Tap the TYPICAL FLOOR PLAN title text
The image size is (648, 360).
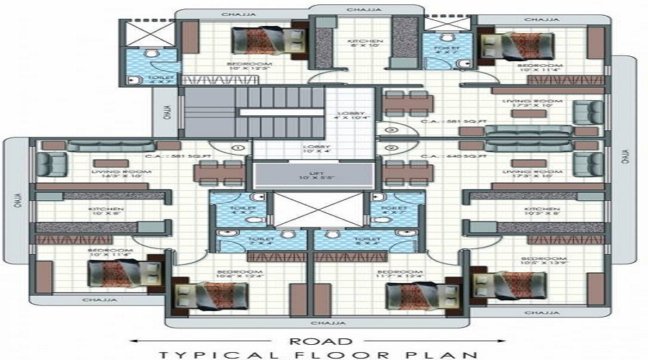click(x=319, y=354)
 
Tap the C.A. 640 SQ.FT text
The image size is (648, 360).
click(x=454, y=156)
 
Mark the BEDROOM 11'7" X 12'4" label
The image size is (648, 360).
click(x=399, y=274)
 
